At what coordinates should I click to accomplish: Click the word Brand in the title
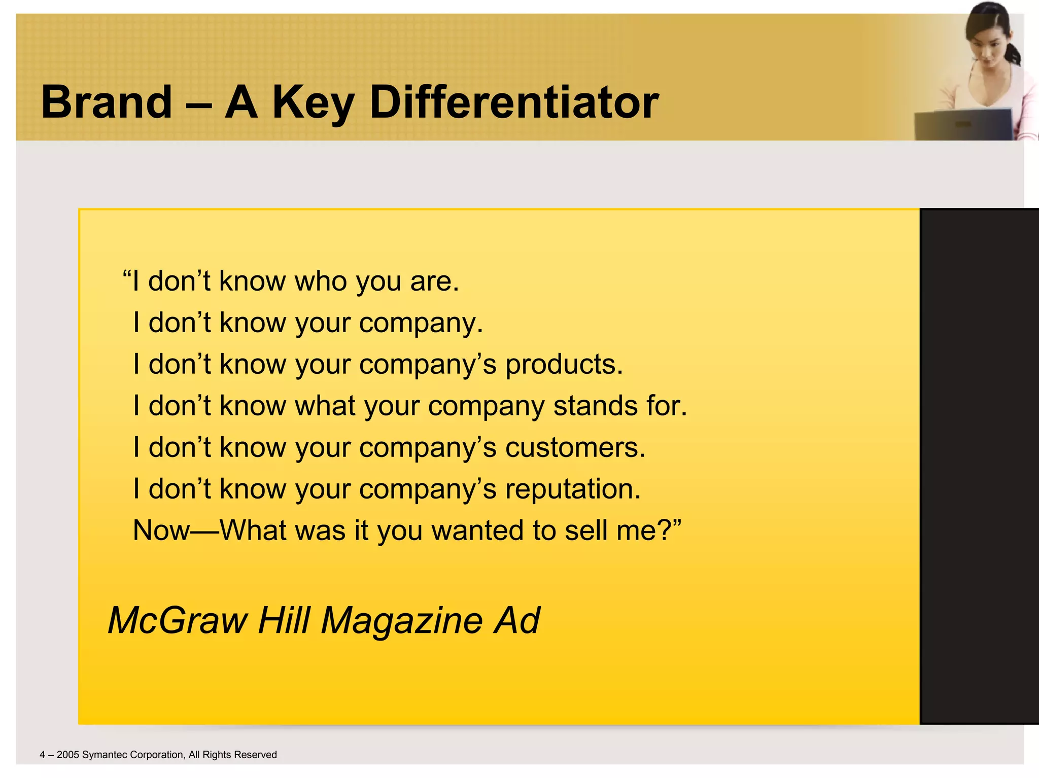[x=107, y=102]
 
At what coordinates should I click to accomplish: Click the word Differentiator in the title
[x=514, y=102]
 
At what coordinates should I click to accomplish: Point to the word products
[x=564, y=365]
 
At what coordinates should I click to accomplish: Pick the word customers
[x=575, y=448]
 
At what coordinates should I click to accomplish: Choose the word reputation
[x=573, y=490]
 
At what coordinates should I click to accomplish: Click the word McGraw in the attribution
[x=178, y=620]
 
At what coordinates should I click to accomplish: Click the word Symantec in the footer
[x=105, y=755]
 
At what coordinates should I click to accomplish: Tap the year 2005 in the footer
[x=68, y=755]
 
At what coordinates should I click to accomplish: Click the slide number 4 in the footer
[x=43, y=755]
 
